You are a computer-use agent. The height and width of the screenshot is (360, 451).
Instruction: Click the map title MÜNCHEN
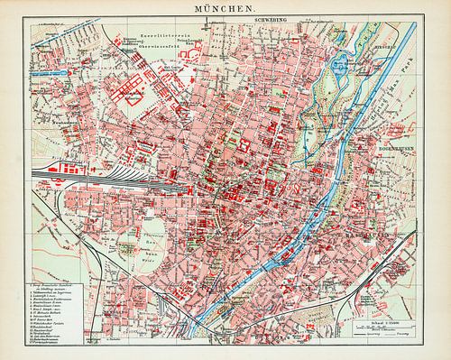[x=224, y=6]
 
